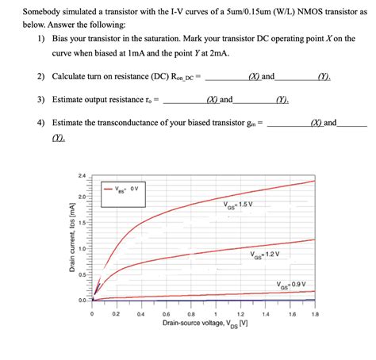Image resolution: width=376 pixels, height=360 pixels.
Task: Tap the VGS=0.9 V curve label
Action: tap(290, 284)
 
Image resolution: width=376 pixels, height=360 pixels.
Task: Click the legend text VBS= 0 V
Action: tap(127, 189)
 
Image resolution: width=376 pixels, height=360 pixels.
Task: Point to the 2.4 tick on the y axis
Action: tap(81, 174)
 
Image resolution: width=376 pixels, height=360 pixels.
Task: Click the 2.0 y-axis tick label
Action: tap(81, 197)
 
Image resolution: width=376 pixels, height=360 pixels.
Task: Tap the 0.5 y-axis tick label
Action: tap(81, 274)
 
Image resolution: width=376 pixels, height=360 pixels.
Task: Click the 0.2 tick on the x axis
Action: tap(117, 314)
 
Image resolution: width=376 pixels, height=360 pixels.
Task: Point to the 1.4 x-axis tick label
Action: tap(266, 314)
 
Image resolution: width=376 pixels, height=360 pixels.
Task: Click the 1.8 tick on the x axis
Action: tap(315, 314)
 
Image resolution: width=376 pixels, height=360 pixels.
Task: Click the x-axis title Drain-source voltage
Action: tap(202, 324)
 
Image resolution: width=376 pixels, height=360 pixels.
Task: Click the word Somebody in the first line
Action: tap(43, 13)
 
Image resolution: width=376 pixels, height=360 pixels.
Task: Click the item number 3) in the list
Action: tap(40, 100)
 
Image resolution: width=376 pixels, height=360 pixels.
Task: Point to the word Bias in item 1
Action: tap(61, 38)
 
